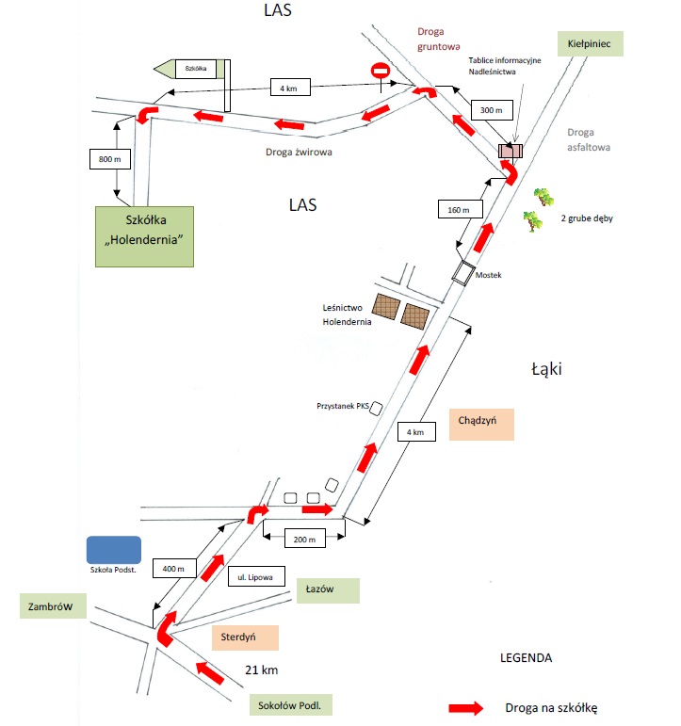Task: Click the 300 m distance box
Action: (x=490, y=111)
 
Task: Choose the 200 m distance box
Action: (x=303, y=540)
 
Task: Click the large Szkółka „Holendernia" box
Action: (x=145, y=236)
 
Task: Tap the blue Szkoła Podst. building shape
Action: (x=113, y=550)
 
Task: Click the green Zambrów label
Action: (x=53, y=605)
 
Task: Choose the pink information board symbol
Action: (x=511, y=151)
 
